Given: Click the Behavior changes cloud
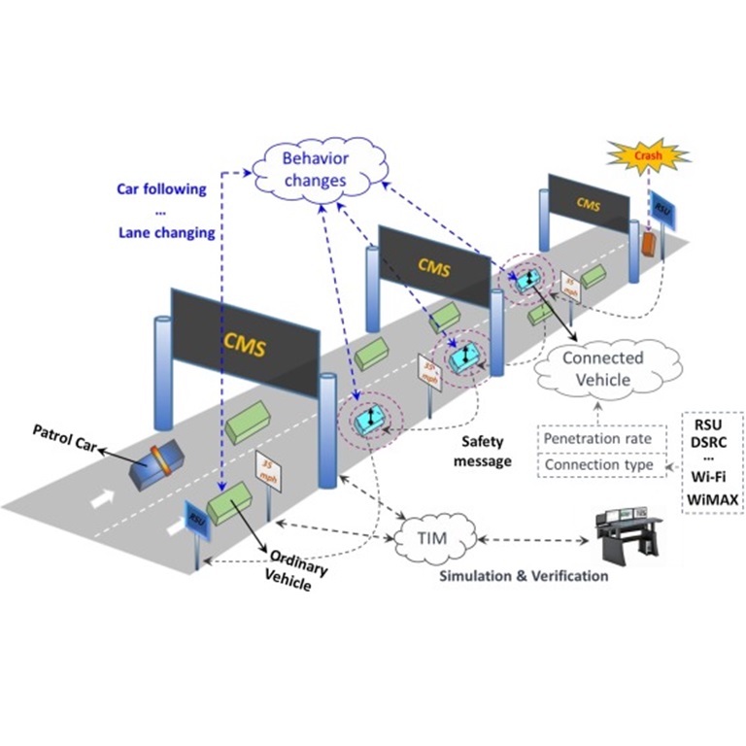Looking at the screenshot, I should point(314,168).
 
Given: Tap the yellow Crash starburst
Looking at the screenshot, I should point(648,154).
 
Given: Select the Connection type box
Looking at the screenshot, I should point(596,465).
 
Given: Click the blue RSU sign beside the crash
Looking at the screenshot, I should point(662,208).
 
